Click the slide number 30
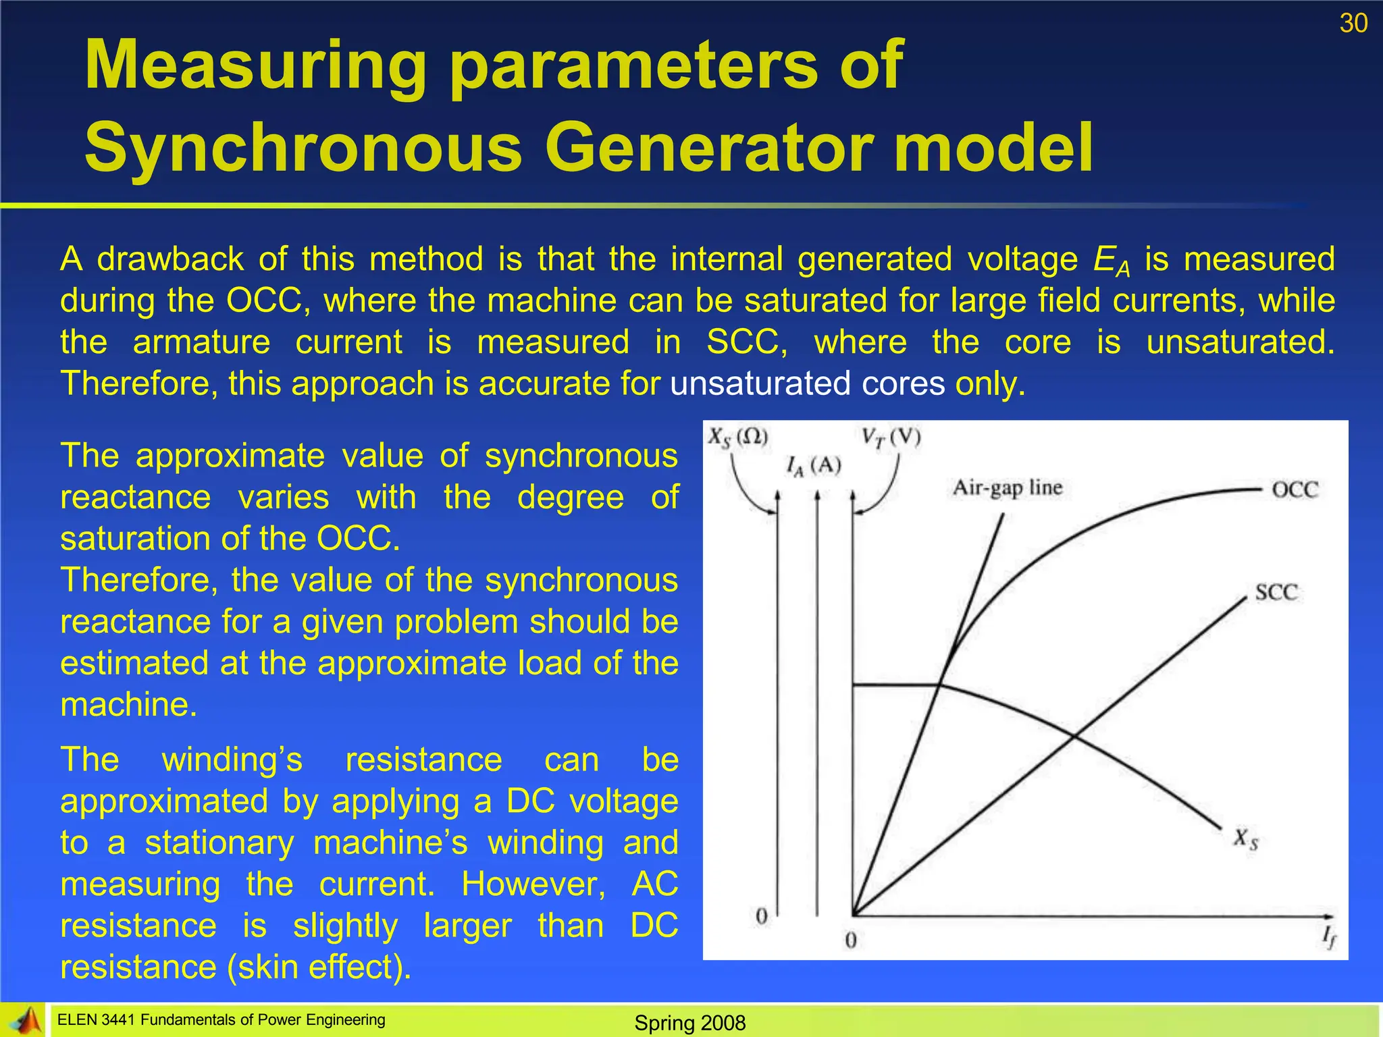pyautogui.click(x=1353, y=24)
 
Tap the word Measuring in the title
pyautogui.click(x=255, y=65)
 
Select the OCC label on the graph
pyautogui.click(x=1295, y=489)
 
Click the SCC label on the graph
pyautogui.click(x=1276, y=593)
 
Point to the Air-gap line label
pyautogui.click(x=1007, y=487)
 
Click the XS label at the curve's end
pyautogui.click(x=1246, y=840)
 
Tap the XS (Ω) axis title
pyautogui.click(x=738, y=437)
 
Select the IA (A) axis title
pyautogui.click(x=814, y=466)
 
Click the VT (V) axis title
pyautogui.click(x=891, y=437)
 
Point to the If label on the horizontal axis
pyautogui.click(x=1328, y=937)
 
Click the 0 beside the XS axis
pyautogui.click(x=762, y=916)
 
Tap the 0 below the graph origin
pyautogui.click(x=851, y=940)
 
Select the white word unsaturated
pyautogui.click(x=760, y=383)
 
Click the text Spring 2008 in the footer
pyautogui.click(x=689, y=1023)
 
